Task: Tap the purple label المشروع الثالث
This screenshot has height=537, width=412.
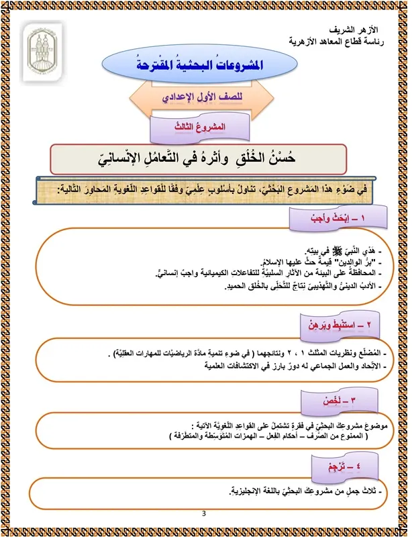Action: click(191, 126)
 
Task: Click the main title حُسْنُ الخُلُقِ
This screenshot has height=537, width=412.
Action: click(209, 159)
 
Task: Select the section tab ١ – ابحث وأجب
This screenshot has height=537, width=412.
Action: click(325, 218)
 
